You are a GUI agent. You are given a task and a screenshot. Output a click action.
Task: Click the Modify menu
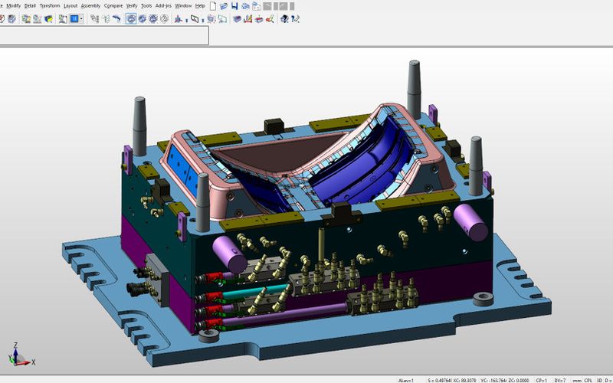[x=13, y=5]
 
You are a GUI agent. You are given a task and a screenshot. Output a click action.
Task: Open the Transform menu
[x=50, y=5]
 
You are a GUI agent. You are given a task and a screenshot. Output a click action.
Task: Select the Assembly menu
[x=90, y=5]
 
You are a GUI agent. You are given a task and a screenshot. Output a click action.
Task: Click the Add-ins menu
[x=163, y=5]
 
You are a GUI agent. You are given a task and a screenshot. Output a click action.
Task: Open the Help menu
[x=200, y=5]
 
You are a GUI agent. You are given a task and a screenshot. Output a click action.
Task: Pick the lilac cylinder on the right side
[x=470, y=221]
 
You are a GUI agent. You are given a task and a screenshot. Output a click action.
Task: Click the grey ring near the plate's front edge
[x=205, y=335]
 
